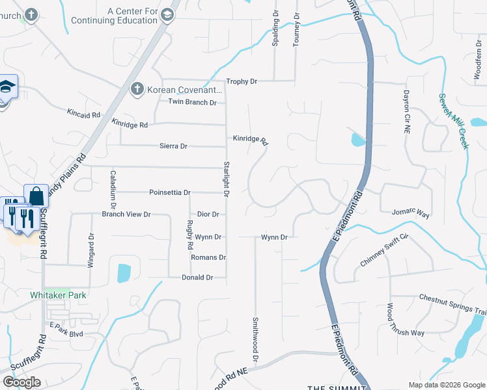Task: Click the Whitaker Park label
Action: [59, 295]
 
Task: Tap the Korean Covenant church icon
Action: [137, 89]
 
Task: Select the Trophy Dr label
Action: [242, 81]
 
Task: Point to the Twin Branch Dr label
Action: [192, 102]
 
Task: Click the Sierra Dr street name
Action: [173, 146]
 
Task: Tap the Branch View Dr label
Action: [126, 214]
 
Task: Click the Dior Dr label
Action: [207, 214]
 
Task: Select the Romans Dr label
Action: [208, 257]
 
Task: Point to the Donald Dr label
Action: [197, 278]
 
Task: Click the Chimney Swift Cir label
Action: [383, 250]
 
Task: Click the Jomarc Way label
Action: [411, 213]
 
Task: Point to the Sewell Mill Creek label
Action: [454, 121]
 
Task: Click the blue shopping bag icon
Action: [36, 196]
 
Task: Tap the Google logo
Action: [21, 382]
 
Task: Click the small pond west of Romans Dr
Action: [124, 273]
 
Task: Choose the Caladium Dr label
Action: [113, 185]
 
